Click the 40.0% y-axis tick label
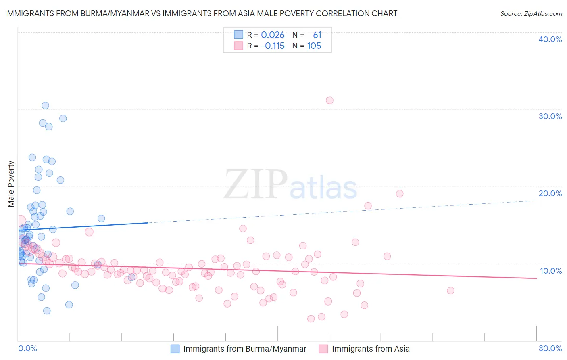pos(550,39)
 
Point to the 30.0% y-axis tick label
pos(550,116)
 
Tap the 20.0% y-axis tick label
pos(550,193)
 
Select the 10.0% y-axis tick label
pos(550,271)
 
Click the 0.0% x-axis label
pos(27,348)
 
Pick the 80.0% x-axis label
pos(550,348)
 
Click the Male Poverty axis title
pos(11,184)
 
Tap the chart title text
pos(201,13)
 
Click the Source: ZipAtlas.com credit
pos(531,13)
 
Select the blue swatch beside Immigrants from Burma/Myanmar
pos(175,349)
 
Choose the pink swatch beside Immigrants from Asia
pos(323,349)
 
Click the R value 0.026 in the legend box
pos(273,35)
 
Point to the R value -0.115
pos(273,46)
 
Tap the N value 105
pos(314,46)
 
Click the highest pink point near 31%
pos(329,100)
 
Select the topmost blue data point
pos(45,105)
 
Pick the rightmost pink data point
pos(450,291)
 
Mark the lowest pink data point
pos(311,319)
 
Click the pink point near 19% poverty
pos(400,194)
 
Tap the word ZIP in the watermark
pos(256,185)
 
